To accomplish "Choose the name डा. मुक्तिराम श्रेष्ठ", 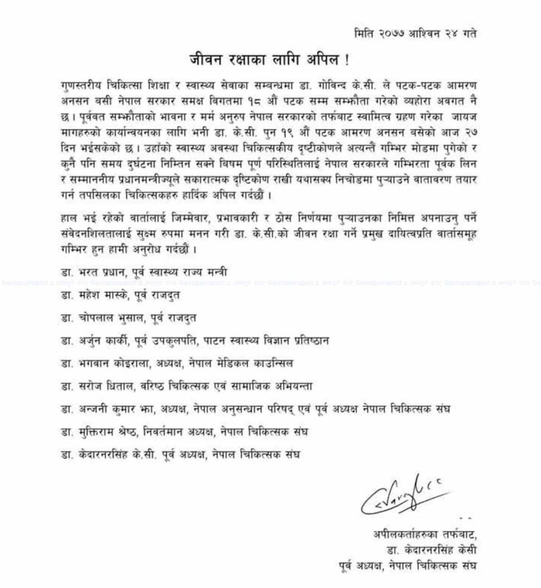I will pyautogui.click(x=95, y=432).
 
